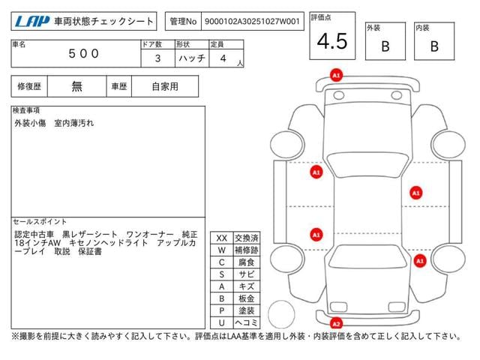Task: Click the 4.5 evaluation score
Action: (331, 42)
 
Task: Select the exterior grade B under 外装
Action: (385, 46)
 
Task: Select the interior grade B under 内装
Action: (433, 46)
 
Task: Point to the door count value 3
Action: (156, 57)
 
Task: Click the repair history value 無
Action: (77, 86)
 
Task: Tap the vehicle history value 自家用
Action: (165, 86)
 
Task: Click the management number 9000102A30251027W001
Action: (245, 22)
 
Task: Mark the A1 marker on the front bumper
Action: (337, 76)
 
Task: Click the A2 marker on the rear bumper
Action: (337, 324)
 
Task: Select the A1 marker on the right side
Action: (415, 193)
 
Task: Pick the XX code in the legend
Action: (221, 238)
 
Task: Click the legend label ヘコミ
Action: (245, 322)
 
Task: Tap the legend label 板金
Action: (245, 298)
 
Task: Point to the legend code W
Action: (221, 250)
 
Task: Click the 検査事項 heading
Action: (27, 110)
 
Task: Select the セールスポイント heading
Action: (40, 222)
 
